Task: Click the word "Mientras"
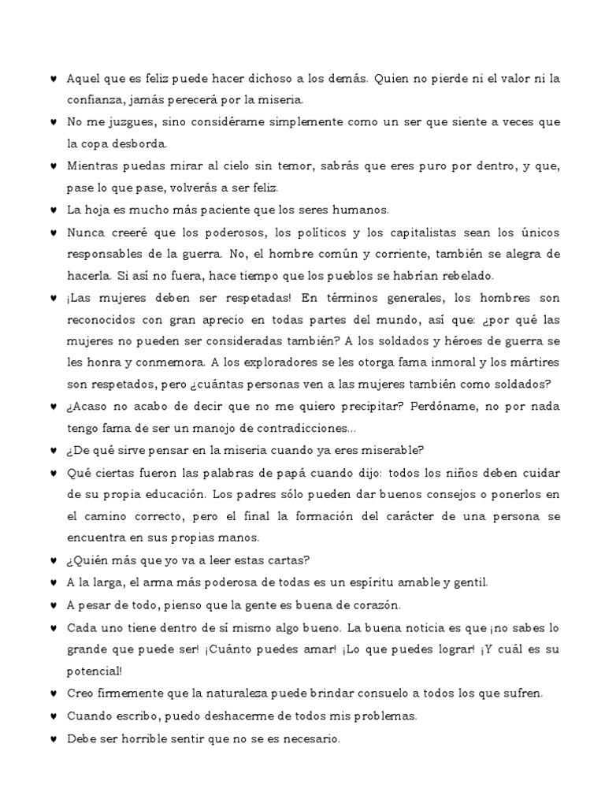click(94, 166)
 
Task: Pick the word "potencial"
click(93, 671)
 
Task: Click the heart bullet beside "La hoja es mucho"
click(52, 210)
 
